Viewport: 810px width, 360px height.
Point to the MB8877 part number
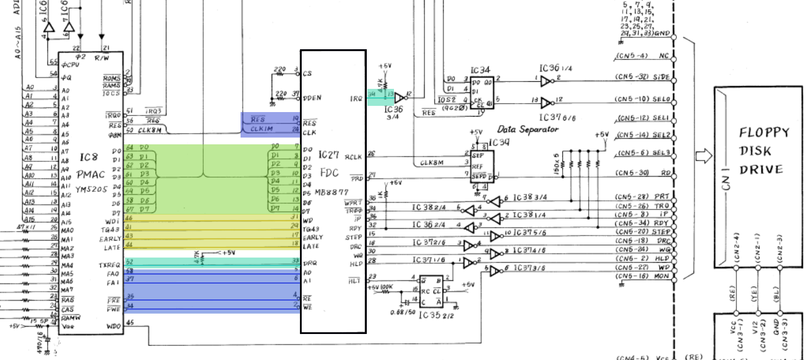coord(333,192)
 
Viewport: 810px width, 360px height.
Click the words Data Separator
coord(528,129)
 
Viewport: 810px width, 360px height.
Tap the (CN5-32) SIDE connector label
coord(642,78)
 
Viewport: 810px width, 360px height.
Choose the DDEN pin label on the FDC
coord(311,98)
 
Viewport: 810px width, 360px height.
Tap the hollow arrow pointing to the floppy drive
coord(702,157)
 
